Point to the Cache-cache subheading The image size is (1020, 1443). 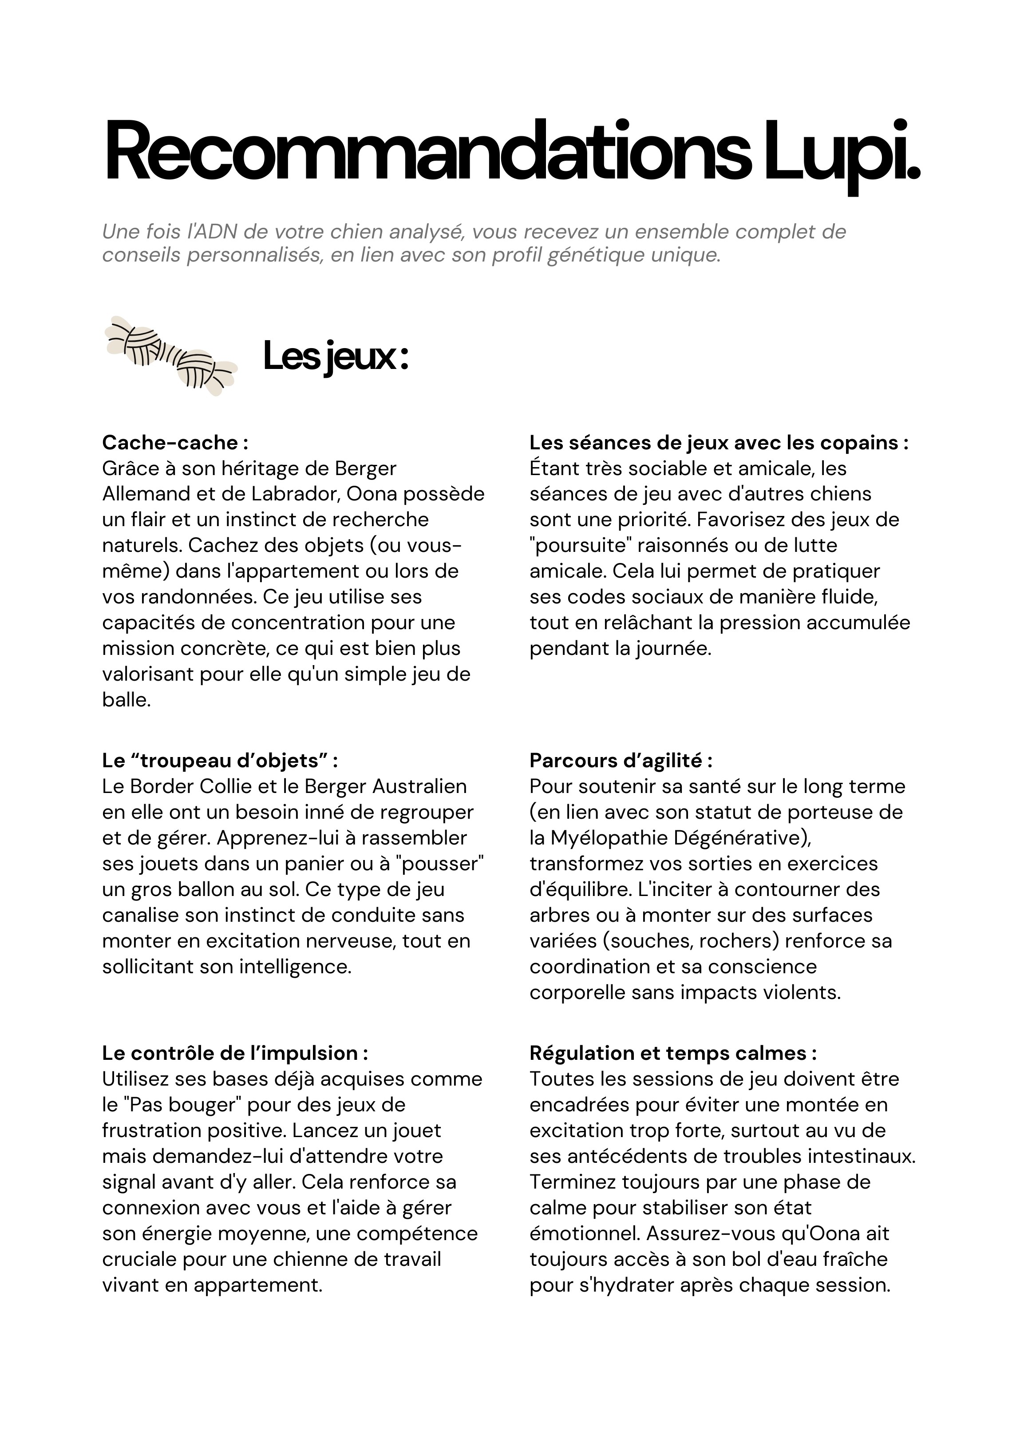click(175, 443)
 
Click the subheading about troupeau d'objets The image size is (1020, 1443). click(220, 761)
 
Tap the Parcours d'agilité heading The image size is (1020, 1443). click(620, 761)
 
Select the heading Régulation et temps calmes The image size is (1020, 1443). click(672, 1053)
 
